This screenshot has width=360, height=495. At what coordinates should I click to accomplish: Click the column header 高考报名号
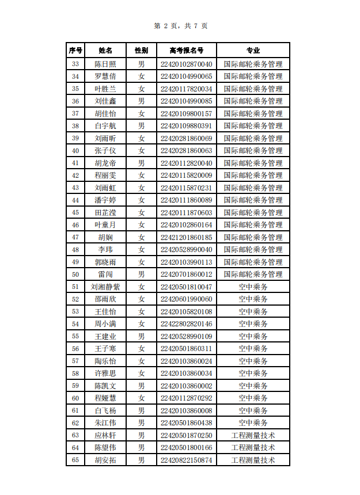click(x=186, y=51)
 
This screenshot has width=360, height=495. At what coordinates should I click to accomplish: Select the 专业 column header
click(x=253, y=51)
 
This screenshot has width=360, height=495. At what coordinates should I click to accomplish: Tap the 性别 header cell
click(x=141, y=51)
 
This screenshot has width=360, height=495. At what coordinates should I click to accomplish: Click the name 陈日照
click(x=105, y=64)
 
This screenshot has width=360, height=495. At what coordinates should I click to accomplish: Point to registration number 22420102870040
click(x=186, y=64)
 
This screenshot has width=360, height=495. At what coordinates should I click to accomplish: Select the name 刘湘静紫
click(x=105, y=287)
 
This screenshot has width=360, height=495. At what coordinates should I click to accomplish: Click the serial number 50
click(x=75, y=275)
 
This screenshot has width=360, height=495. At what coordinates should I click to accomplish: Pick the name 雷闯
click(x=105, y=275)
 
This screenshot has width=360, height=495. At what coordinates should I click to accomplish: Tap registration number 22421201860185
click(x=186, y=237)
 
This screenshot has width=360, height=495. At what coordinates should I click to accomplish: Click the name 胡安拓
click(x=105, y=460)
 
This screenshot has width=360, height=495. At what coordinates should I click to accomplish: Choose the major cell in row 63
click(x=253, y=435)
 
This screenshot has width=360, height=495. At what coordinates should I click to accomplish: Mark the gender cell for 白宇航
click(x=141, y=125)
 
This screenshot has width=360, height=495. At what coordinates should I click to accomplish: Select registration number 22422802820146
click(x=186, y=324)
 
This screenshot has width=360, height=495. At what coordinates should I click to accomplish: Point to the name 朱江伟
click(x=105, y=423)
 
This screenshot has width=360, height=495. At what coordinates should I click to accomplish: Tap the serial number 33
click(x=75, y=64)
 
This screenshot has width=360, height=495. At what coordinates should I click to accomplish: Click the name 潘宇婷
click(x=105, y=200)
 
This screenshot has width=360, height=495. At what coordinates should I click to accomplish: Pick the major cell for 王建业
click(x=253, y=336)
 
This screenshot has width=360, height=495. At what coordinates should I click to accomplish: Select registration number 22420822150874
click(x=186, y=460)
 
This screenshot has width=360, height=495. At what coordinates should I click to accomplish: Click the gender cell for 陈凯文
click(x=141, y=386)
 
